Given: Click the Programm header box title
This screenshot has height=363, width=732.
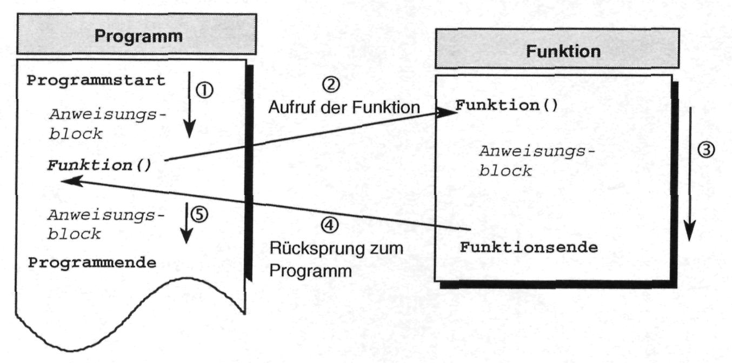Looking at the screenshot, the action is (138, 36).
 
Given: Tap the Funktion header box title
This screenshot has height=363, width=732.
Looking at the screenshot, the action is (563, 51).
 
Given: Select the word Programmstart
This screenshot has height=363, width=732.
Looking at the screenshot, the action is (96, 80).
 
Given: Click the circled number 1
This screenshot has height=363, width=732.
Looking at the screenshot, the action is (204, 90).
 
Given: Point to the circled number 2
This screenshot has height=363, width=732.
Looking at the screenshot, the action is (331, 85).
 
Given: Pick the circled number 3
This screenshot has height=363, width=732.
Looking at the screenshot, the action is (706, 150).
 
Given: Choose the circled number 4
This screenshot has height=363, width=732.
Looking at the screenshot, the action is (329, 225).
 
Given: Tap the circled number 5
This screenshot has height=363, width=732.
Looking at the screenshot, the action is (199, 215).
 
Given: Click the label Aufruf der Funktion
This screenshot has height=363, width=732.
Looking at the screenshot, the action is (344, 107).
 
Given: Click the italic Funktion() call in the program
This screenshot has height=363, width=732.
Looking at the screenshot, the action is (99, 165).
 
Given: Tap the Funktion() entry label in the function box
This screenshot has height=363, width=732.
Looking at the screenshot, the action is (507, 105).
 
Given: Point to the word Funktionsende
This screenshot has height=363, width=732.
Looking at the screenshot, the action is (529, 247).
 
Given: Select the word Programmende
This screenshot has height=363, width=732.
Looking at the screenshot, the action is (92, 263).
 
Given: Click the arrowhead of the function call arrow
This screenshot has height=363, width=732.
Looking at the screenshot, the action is (448, 112).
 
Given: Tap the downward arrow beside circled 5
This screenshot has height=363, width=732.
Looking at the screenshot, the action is (187, 223).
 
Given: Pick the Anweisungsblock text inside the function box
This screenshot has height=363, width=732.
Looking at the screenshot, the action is (537, 161).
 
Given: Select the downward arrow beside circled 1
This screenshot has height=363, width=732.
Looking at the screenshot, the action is (190, 105).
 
